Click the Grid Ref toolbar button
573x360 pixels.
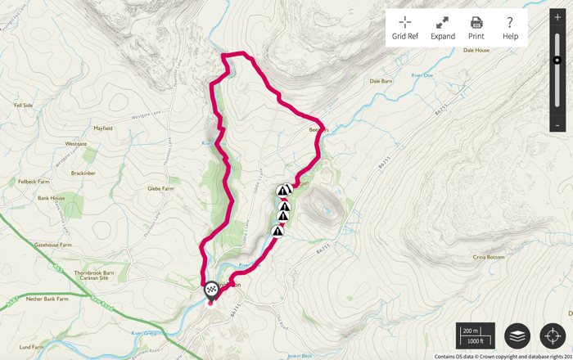coord(405,28)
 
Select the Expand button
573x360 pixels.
coord(442,28)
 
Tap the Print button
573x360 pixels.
coord(476,28)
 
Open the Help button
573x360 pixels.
coord(510,28)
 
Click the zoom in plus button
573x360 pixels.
coord(557,18)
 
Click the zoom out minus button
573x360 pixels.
coord(557,125)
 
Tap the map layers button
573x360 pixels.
coord(517,335)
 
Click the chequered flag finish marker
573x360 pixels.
coord(211,289)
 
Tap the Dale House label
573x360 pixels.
coord(476,50)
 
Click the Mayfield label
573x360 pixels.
coord(102,128)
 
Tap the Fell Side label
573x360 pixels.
coord(23,106)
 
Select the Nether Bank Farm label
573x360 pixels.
coord(52,300)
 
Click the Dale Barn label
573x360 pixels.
coord(381,81)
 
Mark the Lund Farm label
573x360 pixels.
coord(31,347)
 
